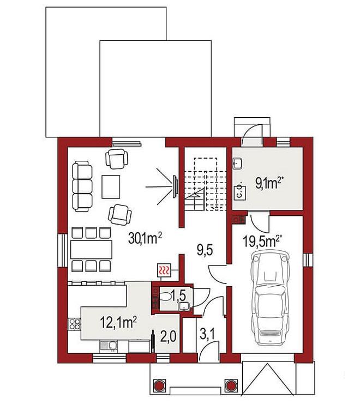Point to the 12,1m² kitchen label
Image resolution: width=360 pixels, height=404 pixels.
(x=118, y=322)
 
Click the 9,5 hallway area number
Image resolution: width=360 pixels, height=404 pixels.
(x=205, y=250)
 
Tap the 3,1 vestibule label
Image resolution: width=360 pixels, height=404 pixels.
(x=208, y=335)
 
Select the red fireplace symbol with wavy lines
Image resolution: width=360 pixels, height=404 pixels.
(x=164, y=270)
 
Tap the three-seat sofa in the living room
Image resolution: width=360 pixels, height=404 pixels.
(x=82, y=186)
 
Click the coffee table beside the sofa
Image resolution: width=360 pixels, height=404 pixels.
(x=111, y=187)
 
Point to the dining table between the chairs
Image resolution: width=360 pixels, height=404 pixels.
(x=91, y=250)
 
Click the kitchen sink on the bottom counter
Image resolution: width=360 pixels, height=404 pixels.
(x=108, y=347)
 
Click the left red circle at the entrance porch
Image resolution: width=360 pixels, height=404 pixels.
(x=159, y=385)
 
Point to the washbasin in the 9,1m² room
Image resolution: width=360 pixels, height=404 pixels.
(x=237, y=164)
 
